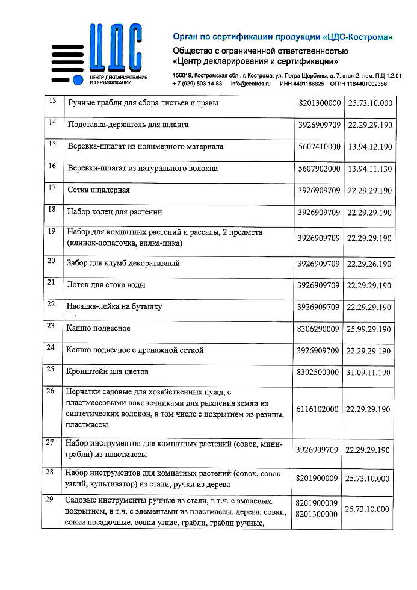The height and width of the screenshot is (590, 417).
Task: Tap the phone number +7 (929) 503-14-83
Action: pyautogui.click(x=197, y=84)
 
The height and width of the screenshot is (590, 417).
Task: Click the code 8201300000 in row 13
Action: pyautogui.click(x=318, y=104)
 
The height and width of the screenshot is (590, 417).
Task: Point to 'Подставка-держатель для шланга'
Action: pyautogui.click(x=128, y=125)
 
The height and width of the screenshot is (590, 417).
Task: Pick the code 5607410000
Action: pyautogui.click(x=318, y=147)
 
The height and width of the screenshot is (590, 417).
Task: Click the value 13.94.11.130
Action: pyautogui.click(x=369, y=169)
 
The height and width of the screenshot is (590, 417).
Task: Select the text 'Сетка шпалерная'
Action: pyautogui.click(x=99, y=190)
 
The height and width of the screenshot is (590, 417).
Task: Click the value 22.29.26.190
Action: pyautogui.click(x=369, y=264)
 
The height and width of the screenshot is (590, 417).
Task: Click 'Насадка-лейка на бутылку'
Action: pyautogui.click(x=114, y=306)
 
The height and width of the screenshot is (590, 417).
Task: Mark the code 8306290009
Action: pyautogui.click(x=318, y=329)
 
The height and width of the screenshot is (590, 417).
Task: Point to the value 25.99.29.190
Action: pyautogui.click(x=369, y=329)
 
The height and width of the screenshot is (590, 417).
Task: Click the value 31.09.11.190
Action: pyautogui.click(x=369, y=373)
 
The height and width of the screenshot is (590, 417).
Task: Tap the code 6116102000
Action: pyautogui.click(x=318, y=409)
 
